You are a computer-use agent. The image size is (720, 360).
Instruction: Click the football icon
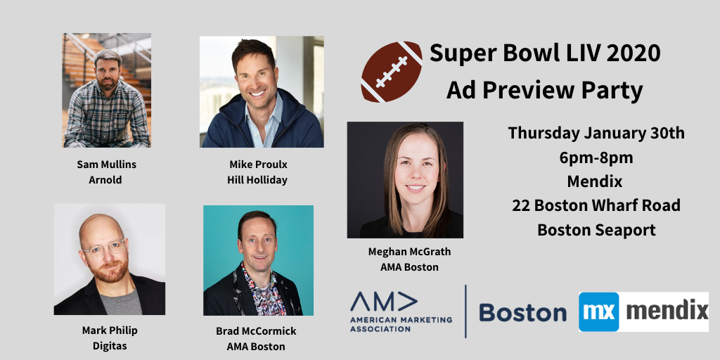pyautogui.click(x=392, y=72)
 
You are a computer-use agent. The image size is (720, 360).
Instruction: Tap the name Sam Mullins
pyautogui.click(x=107, y=165)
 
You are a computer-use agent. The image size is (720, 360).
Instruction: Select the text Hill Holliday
pyautogui.click(x=257, y=180)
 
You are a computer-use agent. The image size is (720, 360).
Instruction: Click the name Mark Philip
pyautogui.click(x=110, y=330)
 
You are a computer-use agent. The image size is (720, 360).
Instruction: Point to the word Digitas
pyautogui.click(x=109, y=346)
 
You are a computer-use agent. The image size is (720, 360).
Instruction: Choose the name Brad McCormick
pyautogui.click(x=256, y=331)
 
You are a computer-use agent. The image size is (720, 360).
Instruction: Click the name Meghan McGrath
pyautogui.click(x=410, y=252)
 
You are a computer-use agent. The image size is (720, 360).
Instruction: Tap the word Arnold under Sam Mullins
pyautogui.click(x=105, y=180)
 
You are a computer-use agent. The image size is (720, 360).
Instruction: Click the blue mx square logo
pyautogui.click(x=599, y=311)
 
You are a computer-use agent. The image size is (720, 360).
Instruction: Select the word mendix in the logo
pyautogui.click(x=667, y=311)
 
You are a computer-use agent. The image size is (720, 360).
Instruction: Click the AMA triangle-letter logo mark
pyautogui.click(x=383, y=302)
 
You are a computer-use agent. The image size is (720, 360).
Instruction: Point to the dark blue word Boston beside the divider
pyautogui.click(x=522, y=312)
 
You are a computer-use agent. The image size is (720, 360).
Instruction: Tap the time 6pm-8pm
pyautogui.click(x=596, y=157)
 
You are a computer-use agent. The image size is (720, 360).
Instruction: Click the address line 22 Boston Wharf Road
pyautogui.click(x=596, y=205)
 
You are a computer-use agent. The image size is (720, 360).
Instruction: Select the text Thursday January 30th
pyautogui.click(x=596, y=133)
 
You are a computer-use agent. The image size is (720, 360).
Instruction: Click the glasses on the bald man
pyautogui.click(x=104, y=248)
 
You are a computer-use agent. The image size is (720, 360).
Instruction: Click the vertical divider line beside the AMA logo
pyautogui.click(x=465, y=311)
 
